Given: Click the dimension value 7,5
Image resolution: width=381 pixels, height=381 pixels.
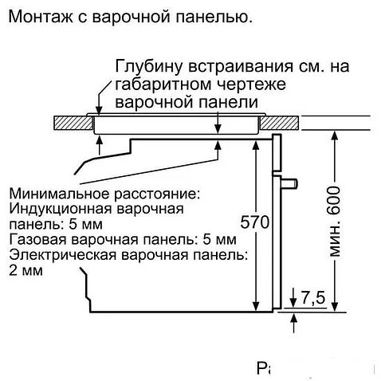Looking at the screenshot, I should coord(313,299).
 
